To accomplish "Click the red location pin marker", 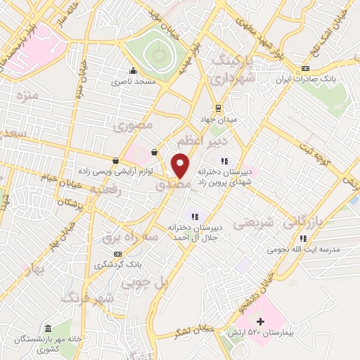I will (181, 165).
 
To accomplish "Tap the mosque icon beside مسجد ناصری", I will (133, 71).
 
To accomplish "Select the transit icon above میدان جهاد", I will (219, 108).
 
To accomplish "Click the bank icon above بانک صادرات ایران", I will (304, 68).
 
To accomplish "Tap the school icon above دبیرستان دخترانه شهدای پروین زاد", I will (224, 161).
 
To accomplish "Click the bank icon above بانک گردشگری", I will (117, 254).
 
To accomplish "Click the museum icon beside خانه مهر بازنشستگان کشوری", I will (47, 329).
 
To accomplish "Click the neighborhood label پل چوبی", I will (146, 283).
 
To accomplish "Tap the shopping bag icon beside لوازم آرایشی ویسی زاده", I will (115, 161).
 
